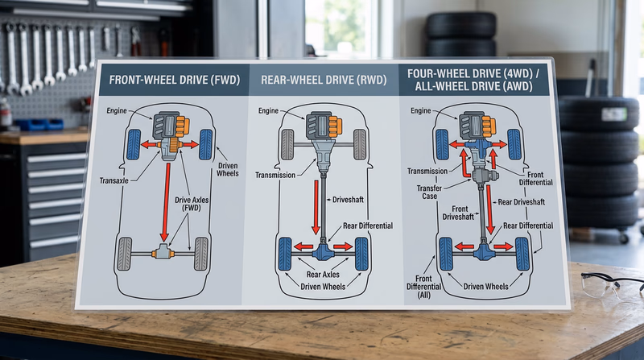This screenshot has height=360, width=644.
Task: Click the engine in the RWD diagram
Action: click(x=321, y=126)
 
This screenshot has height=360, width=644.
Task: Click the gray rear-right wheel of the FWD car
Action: click(x=200, y=253)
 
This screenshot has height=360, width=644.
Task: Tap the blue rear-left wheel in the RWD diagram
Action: click(x=284, y=254)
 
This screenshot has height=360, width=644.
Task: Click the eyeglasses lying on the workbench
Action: click(x=613, y=284)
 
